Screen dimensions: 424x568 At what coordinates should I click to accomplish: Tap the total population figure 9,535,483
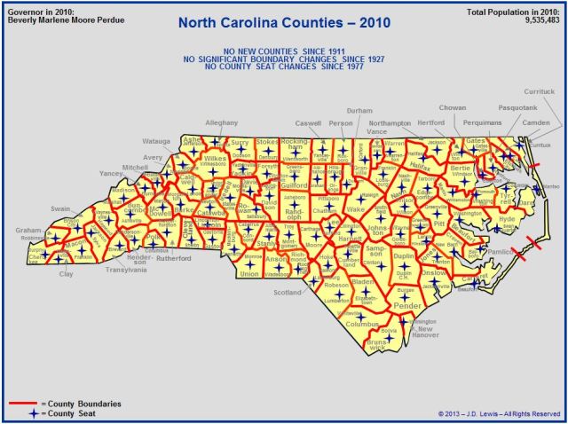click(538, 20)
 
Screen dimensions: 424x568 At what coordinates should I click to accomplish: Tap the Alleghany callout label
click(221, 122)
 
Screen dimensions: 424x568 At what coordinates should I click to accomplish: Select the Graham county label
click(28, 230)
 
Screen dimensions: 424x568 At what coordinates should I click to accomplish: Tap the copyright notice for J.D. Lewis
click(499, 413)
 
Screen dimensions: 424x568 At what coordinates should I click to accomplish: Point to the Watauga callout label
click(156, 140)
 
